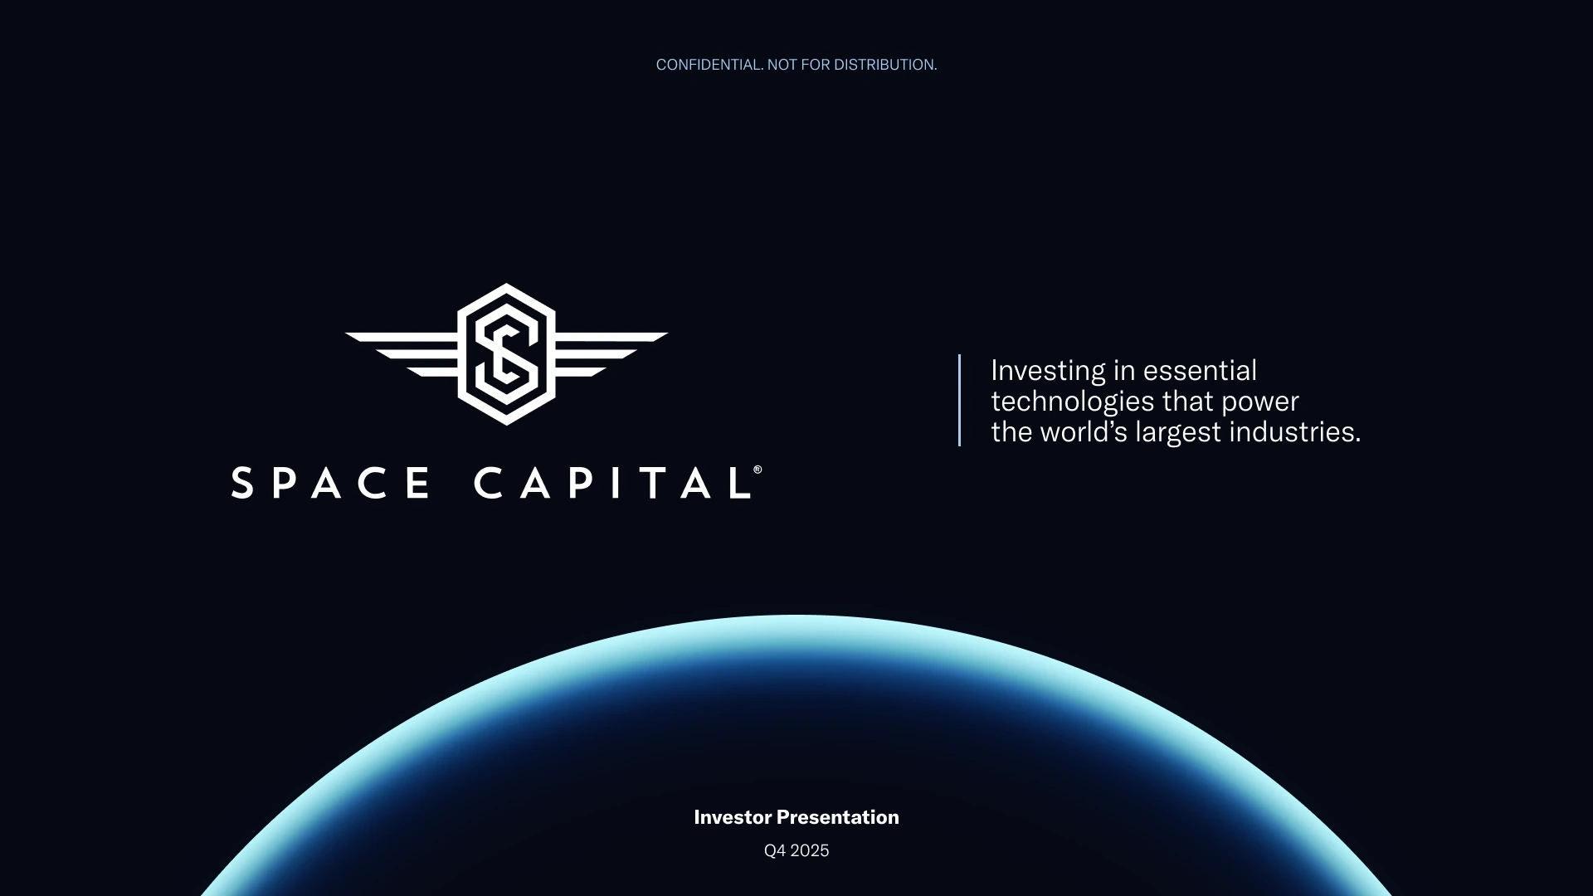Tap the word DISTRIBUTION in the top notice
point(885,65)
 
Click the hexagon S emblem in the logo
point(506,354)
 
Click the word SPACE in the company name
point(331,483)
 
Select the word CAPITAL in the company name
point(612,483)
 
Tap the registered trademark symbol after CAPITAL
point(758,470)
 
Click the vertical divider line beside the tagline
point(959,401)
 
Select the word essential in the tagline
point(1200,370)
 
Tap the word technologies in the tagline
point(1073,402)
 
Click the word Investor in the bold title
point(733,817)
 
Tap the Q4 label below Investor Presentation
point(774,851)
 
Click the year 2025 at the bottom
point(810,851)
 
